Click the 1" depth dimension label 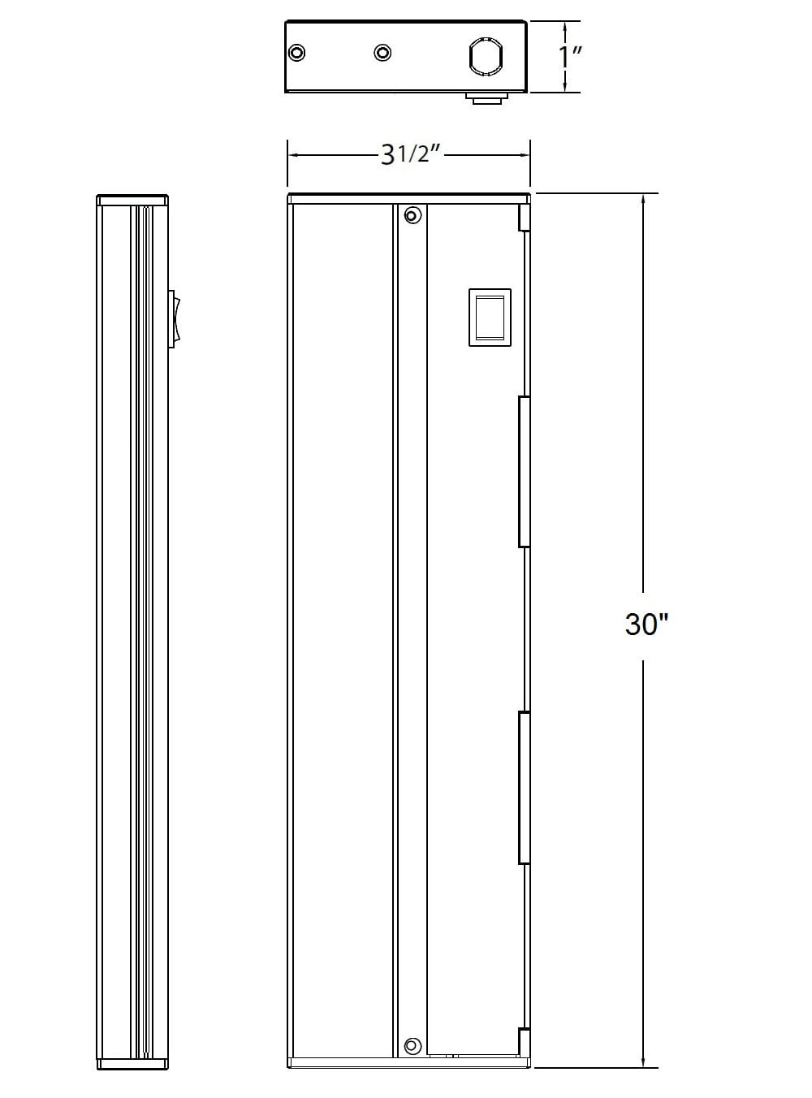tap(572, 58)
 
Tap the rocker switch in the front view tap(490, 317)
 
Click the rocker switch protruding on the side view tap(174, 320)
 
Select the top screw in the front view tap(412, 215)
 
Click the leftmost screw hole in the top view tap(298, 53)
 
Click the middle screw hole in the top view tap(382, 53)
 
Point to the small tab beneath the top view tap(486, 98)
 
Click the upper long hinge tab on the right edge tap(525, 471)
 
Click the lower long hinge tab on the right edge tap(525, 787)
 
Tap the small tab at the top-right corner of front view tap(525, 217)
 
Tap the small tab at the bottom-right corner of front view tap(525, 1043)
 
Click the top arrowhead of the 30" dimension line tap(645, 200)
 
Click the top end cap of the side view tap(132, 200)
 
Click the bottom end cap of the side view tap(132, 1063)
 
